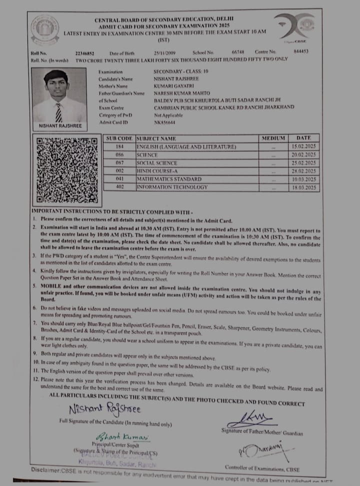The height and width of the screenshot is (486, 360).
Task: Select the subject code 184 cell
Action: (119, 147)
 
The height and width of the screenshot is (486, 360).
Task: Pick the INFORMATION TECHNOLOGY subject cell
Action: (172, 187)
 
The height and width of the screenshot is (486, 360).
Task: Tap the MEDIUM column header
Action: (273, 138)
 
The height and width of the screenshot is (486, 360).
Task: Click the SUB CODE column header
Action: (119, 138)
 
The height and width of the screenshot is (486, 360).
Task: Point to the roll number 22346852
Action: (84, 52)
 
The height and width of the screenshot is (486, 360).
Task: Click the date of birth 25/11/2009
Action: (164, 52)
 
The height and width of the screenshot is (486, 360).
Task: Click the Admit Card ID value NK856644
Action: (164, 122)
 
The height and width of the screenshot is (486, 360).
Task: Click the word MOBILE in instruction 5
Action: (52, 286)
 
